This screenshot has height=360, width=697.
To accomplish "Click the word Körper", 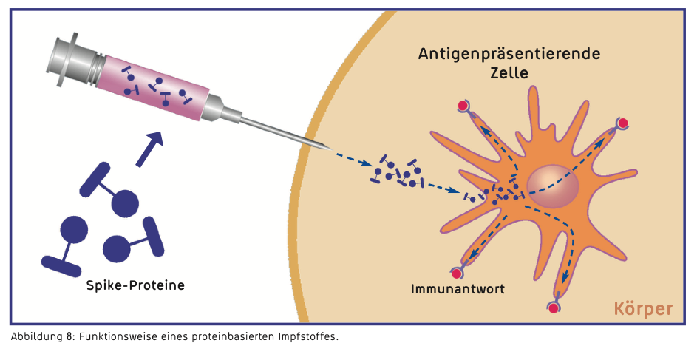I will [643, 308].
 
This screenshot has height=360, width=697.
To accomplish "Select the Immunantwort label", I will [458, 288].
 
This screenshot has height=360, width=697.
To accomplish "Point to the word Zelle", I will [509, 74].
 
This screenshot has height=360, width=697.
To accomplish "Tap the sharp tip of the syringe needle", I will [330, 150].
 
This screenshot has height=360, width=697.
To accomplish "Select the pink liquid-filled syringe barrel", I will [155, 86].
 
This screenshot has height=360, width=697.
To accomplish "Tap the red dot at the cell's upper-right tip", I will [623, 123].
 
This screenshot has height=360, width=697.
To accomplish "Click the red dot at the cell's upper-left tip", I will [463, 106].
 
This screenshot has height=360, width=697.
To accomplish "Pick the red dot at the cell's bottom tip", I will [553, 308].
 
